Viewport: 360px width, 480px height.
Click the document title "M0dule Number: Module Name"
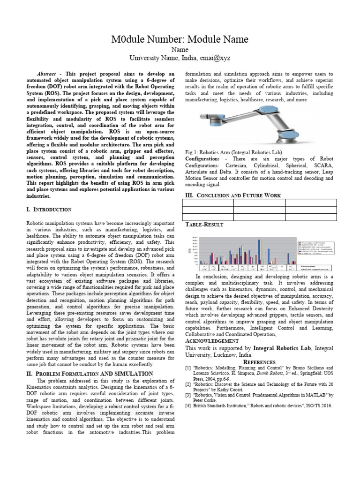(x=180, y=39)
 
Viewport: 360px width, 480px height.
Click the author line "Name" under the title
(x=180, y=49)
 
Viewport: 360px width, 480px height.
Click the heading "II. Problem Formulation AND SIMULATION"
(x=90, y=373)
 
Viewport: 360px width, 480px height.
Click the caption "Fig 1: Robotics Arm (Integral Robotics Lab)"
(x=234, y=153)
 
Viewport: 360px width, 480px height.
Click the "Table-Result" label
(x=205, y=225)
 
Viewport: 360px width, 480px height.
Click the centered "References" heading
(x=259, y=362)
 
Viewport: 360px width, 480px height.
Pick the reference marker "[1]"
(x=188, y=368)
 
